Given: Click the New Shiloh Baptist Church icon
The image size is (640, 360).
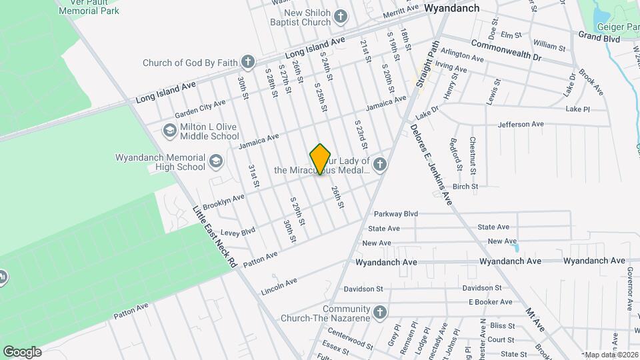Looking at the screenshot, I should click(341, 17).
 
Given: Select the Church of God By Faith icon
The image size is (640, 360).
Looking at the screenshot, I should click(248, 63).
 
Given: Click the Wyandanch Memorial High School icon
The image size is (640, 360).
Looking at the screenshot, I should click(216, 161).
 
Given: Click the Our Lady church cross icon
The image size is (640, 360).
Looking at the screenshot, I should click(380, 164).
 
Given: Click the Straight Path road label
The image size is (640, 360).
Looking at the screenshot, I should click(425, 69).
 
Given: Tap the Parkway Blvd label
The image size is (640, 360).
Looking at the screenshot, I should click(395, 214).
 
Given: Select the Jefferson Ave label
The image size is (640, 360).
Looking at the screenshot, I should click(521, 125).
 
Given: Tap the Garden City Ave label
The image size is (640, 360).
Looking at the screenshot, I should click(200, 109).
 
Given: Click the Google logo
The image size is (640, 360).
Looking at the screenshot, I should click(22, 351).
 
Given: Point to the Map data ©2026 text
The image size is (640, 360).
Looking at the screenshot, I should click(612, 355).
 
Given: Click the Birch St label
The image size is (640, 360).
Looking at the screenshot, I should click(465, 187).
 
